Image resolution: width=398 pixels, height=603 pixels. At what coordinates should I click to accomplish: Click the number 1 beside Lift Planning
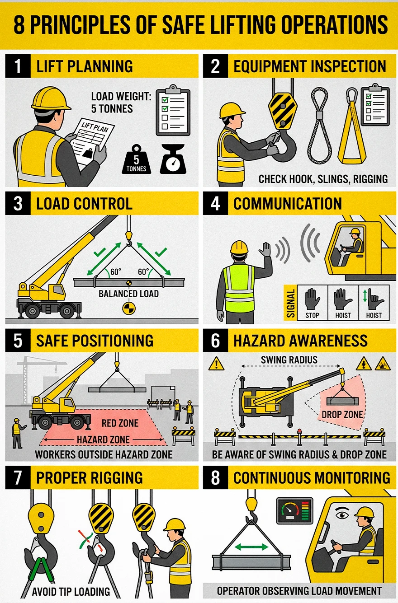(x=18, y=66)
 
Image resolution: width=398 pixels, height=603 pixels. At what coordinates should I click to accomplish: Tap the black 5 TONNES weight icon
(x=136, y=159)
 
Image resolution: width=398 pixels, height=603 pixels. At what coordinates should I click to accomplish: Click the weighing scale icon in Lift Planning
(x=173, y=159)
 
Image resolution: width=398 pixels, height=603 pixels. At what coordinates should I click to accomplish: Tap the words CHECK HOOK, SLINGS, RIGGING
(x=323, y=179)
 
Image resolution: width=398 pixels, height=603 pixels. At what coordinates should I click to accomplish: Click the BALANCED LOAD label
(x=128, y=294)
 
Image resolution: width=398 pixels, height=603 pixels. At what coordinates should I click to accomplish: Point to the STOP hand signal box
(x=313, y=303)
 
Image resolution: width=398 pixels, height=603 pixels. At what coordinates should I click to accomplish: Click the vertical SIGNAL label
(x=290, y=303)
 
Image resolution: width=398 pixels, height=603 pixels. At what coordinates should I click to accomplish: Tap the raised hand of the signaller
(x=265, y=249)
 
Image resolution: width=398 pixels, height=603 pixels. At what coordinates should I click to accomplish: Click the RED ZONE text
(x=120, y=423)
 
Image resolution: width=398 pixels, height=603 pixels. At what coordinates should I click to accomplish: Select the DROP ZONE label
(x=342, y=414)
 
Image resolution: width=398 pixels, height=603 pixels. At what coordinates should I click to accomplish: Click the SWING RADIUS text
(x=289, y=360)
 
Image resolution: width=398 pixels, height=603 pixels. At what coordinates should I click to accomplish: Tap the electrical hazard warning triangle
(x=364, y=364)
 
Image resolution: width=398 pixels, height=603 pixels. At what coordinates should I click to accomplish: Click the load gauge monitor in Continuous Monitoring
(x=295, y=511)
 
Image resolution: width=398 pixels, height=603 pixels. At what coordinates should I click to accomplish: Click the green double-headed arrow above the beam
(x=251, y=547)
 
